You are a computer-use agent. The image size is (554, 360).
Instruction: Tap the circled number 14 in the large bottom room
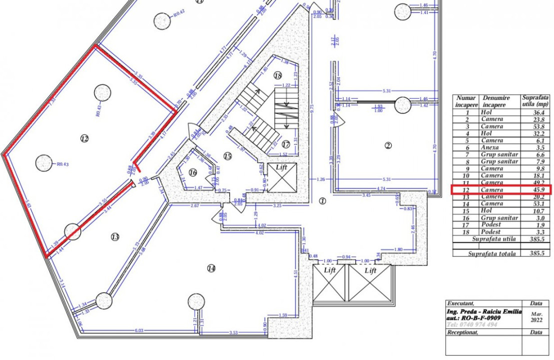211,268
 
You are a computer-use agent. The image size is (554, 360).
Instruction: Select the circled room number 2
388,146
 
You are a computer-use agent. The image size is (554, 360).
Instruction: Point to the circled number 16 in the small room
193,172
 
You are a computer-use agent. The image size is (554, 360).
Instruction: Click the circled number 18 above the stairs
278,75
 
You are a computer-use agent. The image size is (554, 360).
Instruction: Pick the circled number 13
115,237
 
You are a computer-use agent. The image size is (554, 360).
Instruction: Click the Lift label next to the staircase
282,168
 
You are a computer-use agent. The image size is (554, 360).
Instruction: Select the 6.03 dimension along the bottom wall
139,330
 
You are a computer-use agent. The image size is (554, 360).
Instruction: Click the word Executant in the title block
460,303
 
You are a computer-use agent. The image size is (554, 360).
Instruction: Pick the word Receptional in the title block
463,332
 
